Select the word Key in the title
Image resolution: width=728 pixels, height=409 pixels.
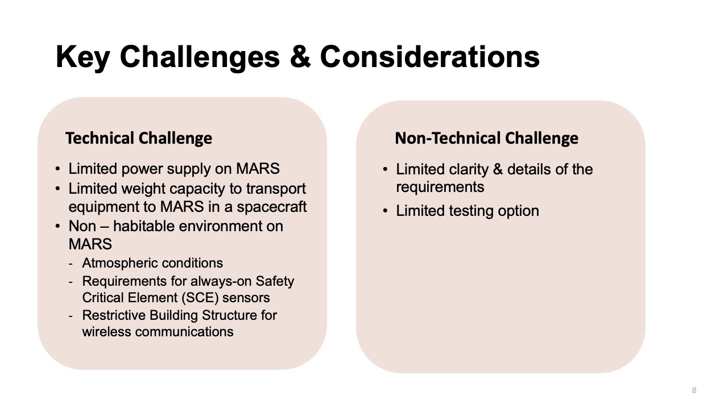pyautogui.click(x=82, y=58)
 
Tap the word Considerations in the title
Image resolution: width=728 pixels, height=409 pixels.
pyautogui.click(x=429, y=57)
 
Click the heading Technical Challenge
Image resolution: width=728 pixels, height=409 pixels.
pyautogui.click(x=139, y=138)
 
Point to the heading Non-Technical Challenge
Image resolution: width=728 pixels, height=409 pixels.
pyautogui.click(x=486, y=138)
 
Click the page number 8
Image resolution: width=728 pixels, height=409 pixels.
pyautogui.click(x=694, y=390)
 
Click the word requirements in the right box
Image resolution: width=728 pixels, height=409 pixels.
pyautogui.click(x=440, y=187)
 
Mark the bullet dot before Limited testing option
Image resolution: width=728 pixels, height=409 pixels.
pyautogui.click(x=386, y=211)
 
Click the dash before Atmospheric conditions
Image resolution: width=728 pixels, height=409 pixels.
pyautogui.click(x=71, y=264)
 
